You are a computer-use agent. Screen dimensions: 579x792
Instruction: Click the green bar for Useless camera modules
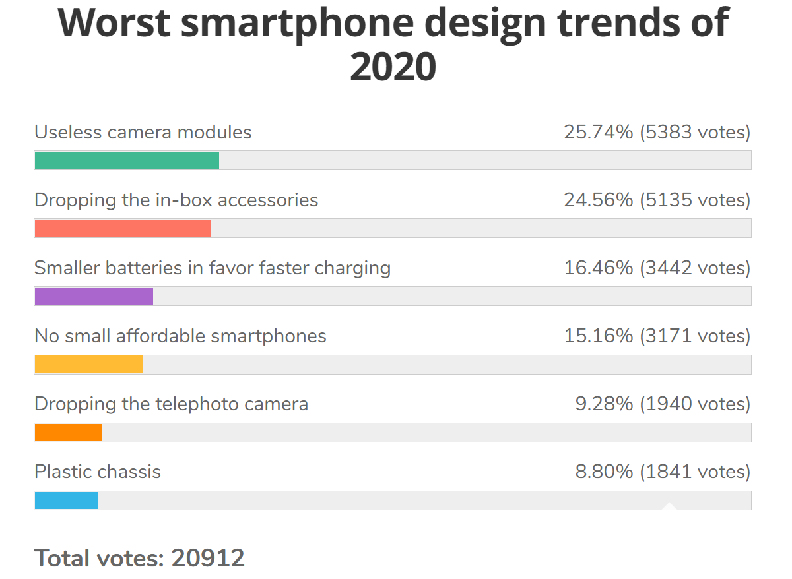pyautogui.click(x=127, y=160)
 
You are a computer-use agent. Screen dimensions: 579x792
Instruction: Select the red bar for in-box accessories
pyautogui.click(x=123, y=228)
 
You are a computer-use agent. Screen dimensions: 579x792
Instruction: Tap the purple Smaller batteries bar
pyautogui.click(x=94, y=296)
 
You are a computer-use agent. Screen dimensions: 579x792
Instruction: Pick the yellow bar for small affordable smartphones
pyautogui.click(x=89, y=364)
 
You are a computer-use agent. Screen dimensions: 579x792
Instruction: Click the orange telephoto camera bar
pyautogui.click(x=68, y=432)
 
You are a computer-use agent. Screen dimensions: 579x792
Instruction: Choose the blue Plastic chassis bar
pyautogui.click(x=66, y=501)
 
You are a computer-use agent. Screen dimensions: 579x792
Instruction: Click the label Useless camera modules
pyautogui.click(x=143, y=132)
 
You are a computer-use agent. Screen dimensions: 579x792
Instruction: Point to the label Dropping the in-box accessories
pyautogui.click(x=176, y=200)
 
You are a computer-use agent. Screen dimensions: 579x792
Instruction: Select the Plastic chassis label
pyautogui.click(x=98, y=472)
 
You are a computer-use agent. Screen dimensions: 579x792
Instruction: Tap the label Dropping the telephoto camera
pyautogui.click(x=171, y=404)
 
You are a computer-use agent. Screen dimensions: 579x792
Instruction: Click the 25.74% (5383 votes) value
pyautogui.click(x=657, y=132)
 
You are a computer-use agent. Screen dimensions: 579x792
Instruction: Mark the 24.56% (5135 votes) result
pyautogui.click(x=657, y=200)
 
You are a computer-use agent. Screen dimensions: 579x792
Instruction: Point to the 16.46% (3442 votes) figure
pyautogui.click(x=657, y=268)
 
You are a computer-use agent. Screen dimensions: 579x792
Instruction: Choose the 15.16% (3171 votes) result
pyautogui.click(x=657, y=336)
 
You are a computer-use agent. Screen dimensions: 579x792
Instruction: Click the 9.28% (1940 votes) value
pyautogui.click(x=663, y=404)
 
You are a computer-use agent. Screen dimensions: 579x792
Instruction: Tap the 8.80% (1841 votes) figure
pyautogui.click(x=663, y=472)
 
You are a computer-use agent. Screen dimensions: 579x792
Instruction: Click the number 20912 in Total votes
pyautogui.click(x=208, y=558)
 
